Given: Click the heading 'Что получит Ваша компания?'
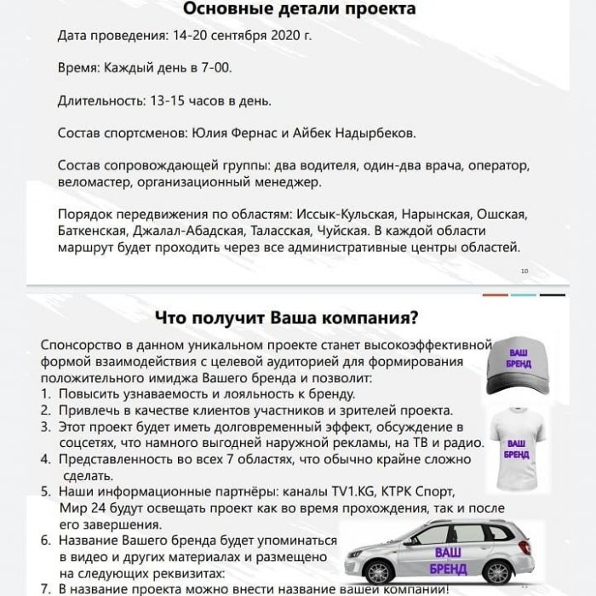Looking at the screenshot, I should tap(287, 318).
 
